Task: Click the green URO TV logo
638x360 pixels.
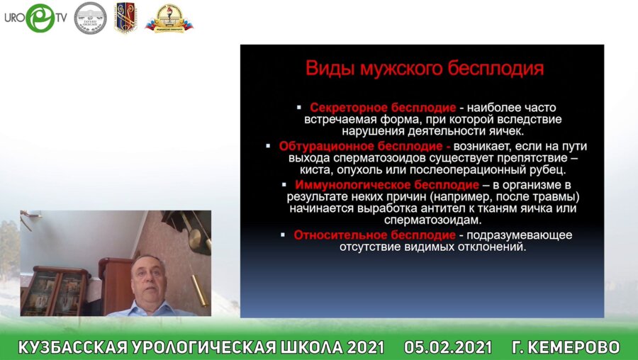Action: pyautogui.click(x=36, y=18)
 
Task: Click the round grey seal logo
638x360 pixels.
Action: pyautogui.click(x=90, y=18)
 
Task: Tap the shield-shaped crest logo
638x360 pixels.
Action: pyautogui.click(x=125, y=18)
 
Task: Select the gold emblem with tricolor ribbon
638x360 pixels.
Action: pyautogui.click(x=169, y=18)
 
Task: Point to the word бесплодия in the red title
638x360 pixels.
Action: pyautogui.click(x=496, y=68)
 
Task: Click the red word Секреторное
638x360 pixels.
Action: pyautogui.click(x=348, y=108)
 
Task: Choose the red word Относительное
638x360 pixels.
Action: pyautogui.click(x=340, y=235)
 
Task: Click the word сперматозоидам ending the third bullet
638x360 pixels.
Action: pyautogui.click(x=432, y=220)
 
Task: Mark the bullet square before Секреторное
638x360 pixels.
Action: pyautogui.click(x=299, y=108)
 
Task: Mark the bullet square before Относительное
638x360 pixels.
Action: pyautogui.click(x=283, y=235)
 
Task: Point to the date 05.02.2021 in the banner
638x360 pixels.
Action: pyautogui.click(x=448, y=347)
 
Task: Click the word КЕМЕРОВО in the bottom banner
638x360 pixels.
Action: pyautogui.click(x=573, y=347)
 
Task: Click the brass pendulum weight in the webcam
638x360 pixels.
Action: pyautogui.click(x=199, y=291)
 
